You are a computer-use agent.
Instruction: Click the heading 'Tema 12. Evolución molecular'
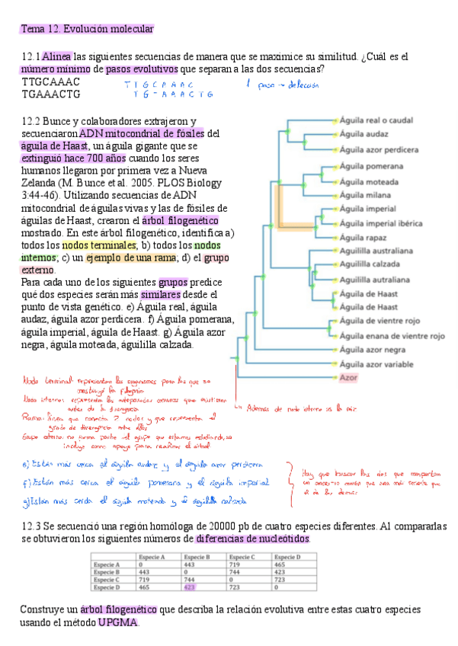point(88,29)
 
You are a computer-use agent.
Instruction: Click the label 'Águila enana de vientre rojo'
point(392,335)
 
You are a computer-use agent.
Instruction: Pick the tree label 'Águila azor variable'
point(377,364)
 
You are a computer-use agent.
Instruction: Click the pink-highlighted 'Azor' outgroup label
point(348,378)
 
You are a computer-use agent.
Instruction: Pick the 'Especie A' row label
point(108,565)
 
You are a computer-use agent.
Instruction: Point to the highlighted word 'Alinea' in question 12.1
point(57,56)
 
